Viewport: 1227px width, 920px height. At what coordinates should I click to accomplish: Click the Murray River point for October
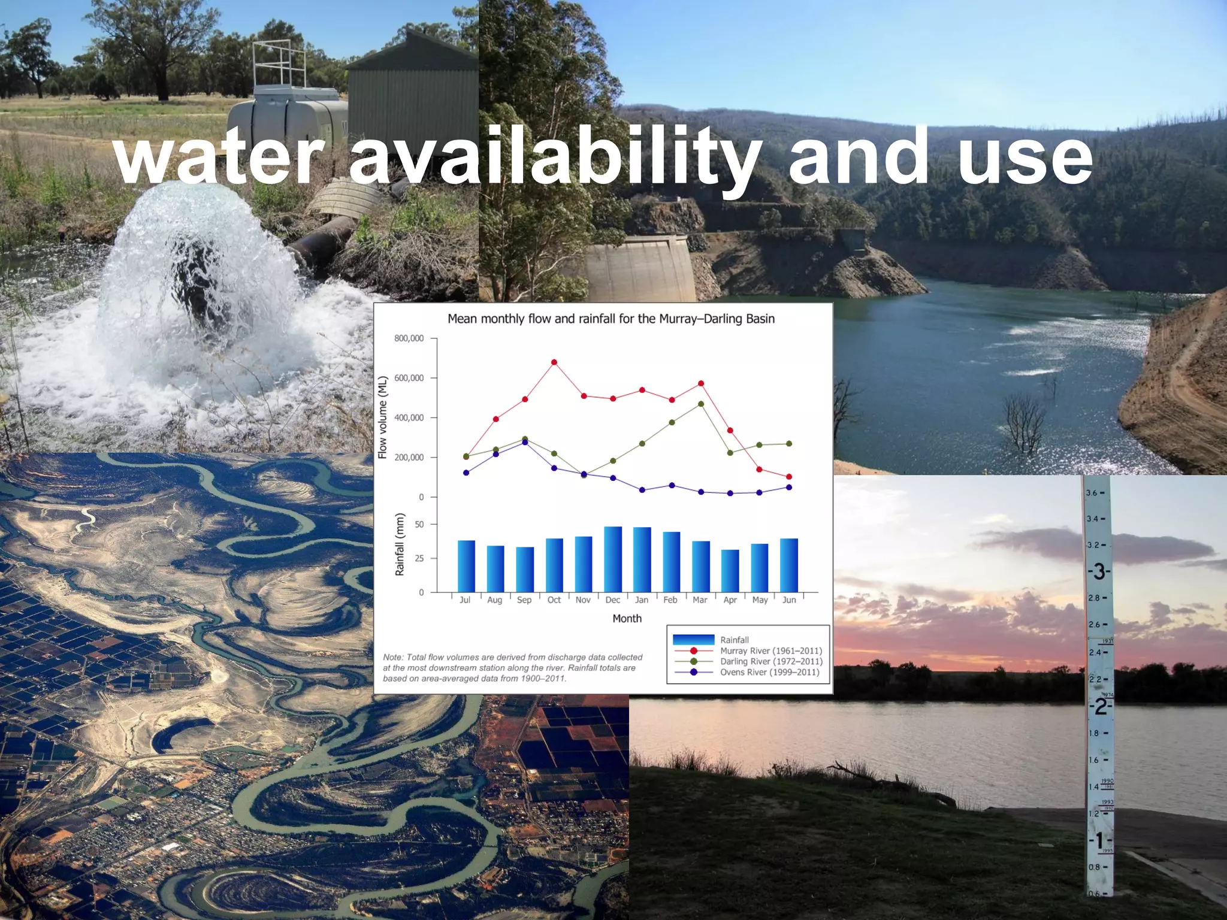(554, 362)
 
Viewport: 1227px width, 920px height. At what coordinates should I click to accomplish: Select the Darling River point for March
(701, 404)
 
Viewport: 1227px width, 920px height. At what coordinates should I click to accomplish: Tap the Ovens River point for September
(525, 442)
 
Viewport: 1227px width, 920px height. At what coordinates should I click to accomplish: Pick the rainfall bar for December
(612, 559)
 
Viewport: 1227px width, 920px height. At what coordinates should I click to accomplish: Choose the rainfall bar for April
(730, 570)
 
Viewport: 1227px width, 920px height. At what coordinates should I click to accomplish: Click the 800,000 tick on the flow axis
(409, 338)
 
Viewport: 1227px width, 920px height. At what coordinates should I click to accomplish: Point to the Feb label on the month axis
(670, 600)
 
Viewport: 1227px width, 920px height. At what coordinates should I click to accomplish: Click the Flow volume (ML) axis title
(383, 417)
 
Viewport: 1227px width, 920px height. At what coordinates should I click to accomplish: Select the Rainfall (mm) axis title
(400, 544)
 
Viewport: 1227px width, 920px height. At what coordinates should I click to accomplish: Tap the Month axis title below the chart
(627, 618)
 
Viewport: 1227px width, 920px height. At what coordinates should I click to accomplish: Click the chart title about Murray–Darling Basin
(611, 319)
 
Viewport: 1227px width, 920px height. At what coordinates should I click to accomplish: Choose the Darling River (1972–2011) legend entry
(771, 661)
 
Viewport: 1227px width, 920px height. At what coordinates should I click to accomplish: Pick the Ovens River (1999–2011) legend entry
(769, 672)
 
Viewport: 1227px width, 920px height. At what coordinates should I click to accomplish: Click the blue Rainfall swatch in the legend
(693, 640)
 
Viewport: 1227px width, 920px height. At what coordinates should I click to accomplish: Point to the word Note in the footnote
(393, 657)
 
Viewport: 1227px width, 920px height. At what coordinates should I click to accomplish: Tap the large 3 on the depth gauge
(1099, 571)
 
